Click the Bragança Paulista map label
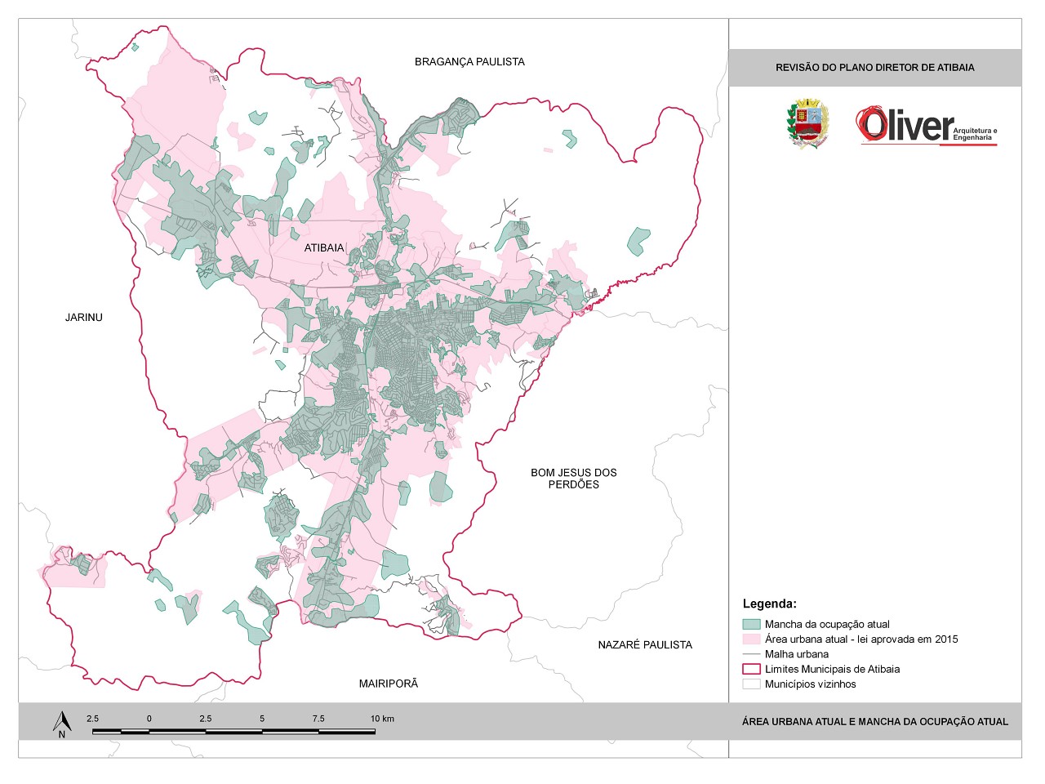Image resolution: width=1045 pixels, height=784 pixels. tap(469, 62)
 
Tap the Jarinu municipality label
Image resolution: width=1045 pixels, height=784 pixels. tap(84, 318)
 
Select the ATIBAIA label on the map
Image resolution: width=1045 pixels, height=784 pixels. tap(324, 248)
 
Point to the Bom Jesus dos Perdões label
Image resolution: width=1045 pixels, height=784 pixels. tap(574, 479)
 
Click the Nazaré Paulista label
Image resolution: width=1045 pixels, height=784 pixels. tap(645, 645)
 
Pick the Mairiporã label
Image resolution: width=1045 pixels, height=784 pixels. tap(389, 684)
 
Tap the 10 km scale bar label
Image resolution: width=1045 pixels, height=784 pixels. tap(382, 719)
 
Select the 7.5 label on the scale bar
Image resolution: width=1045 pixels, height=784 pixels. tap(318, 719)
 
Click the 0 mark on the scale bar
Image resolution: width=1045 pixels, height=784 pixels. tap(149, 719)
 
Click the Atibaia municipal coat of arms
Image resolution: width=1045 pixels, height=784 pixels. tap(807, 124)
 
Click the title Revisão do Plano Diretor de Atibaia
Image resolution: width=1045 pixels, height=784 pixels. tap(874, 68)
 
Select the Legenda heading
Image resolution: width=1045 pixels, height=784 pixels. tap(769, 604)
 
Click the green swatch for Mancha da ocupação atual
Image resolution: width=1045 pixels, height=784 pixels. tap(751, 624)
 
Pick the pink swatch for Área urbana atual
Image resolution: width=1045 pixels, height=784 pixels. tap(751, 639)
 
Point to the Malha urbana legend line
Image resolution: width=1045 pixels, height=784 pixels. tap(751, 654)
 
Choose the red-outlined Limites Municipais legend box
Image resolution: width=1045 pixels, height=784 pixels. tap(751, 669)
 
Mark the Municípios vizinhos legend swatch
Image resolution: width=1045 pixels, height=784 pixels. tap(751, 684)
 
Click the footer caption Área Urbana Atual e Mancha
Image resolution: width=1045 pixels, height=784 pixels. tap(874, 722)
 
